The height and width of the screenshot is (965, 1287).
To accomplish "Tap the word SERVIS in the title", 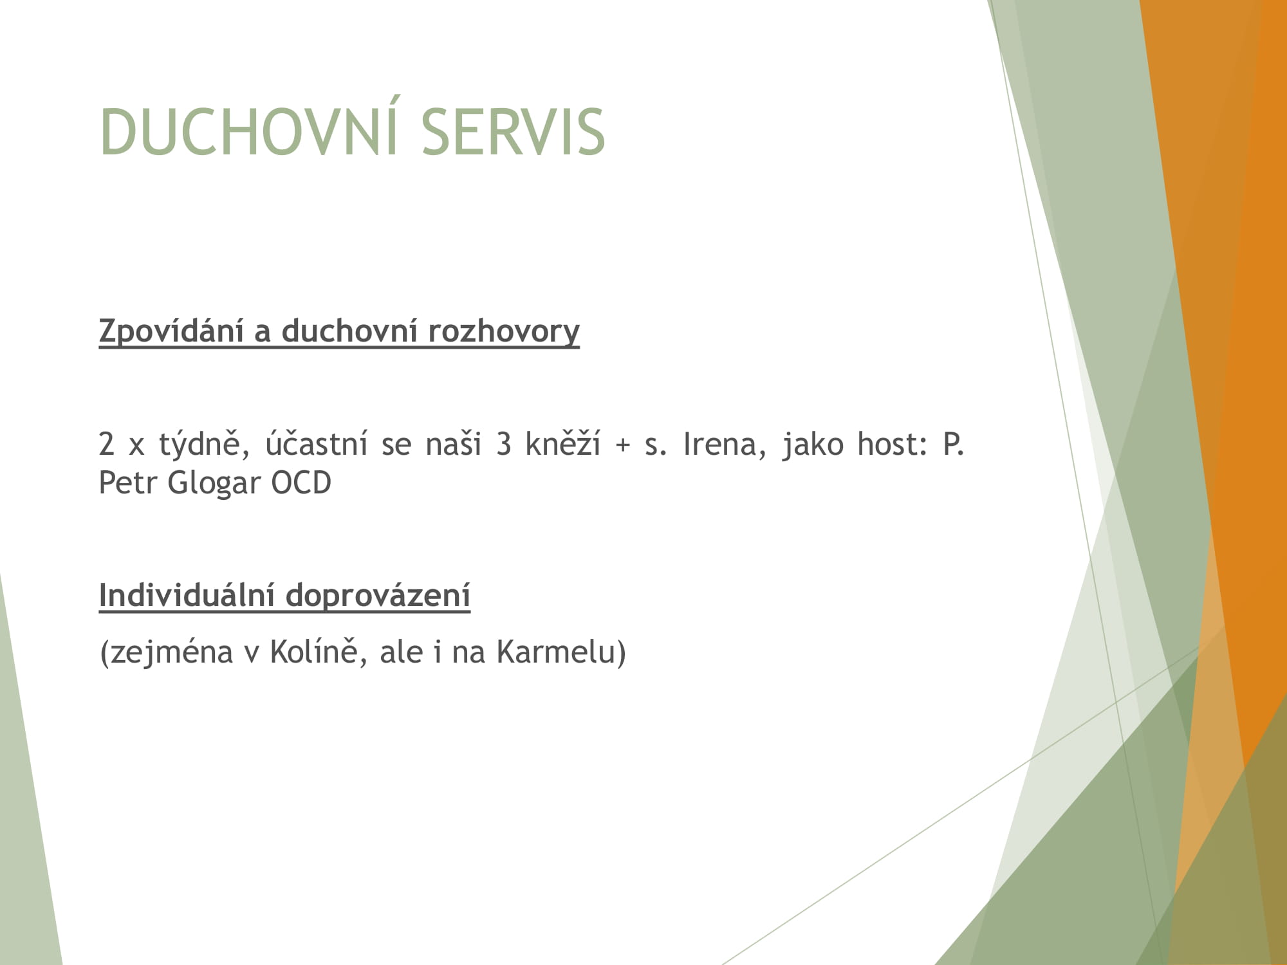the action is pos(514,131).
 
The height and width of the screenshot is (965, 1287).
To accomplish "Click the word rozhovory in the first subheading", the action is pos(503,332).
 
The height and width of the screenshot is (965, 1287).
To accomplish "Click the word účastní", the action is pos(315,444).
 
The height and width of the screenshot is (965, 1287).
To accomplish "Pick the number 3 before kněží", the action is pos(504,445).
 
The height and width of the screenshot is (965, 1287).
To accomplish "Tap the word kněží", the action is pos(562,444).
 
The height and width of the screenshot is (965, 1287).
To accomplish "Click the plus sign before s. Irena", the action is pos(622,446).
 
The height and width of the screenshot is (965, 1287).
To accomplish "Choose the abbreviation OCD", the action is pos(301,482).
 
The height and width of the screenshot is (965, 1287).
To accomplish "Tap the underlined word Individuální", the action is pos(185,595).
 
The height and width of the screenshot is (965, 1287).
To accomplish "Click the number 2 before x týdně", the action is pos(106,445).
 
